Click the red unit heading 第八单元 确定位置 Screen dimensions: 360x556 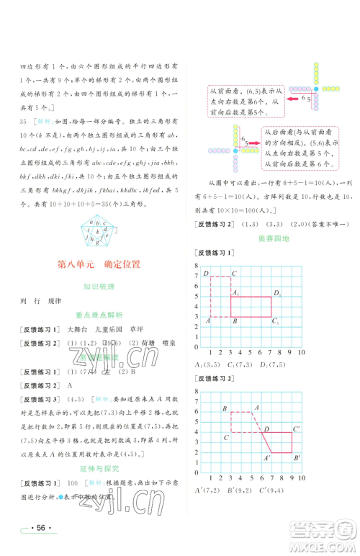98,264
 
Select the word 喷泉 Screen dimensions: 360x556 166,344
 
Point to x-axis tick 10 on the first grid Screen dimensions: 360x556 302,355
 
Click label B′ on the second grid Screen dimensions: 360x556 297,458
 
